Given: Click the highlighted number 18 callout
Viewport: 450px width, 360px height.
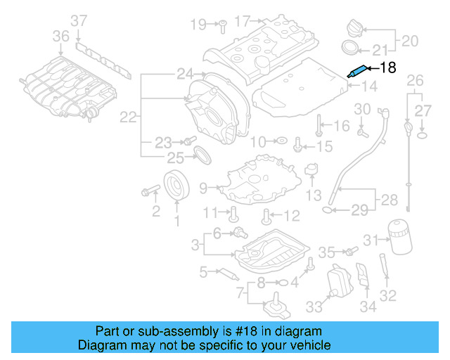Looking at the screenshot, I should [x=388, y=67].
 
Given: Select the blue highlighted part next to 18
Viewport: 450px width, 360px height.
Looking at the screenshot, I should [x=356, y=70].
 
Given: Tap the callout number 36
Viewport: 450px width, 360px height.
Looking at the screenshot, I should [x=61, y=36].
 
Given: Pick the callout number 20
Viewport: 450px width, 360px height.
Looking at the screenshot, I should [x=409, y=41].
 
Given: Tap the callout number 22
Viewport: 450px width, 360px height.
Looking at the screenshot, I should [x=127, y=117].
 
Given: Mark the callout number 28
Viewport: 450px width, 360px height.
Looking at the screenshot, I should [x=388, y=201].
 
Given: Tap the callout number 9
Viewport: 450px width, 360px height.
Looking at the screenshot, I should [x=204, y=188].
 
